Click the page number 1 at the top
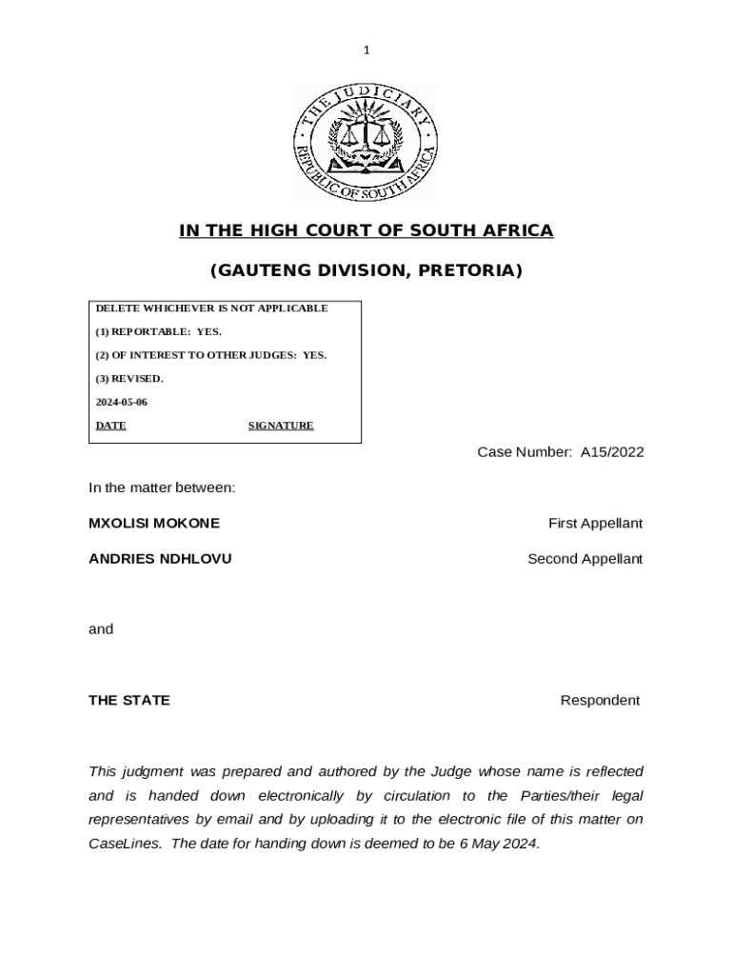pos(366,50)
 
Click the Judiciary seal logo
pos(366,142)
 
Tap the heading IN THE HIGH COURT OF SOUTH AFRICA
pos(366,231)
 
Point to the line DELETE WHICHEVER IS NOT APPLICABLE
pos(211,308)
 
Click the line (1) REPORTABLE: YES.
pos(158,331)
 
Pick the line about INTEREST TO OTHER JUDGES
pos(210,355)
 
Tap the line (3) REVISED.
pos(129,378)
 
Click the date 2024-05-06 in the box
pos(121,402)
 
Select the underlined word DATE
pos(110,426)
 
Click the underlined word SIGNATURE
pos(281,426)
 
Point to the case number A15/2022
pos(612,452)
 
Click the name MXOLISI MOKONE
pos(154,523)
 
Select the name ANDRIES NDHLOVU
pos(160,559)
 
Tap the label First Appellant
pos(595,523)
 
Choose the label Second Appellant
pos(584,559)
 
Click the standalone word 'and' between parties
pos(101,628)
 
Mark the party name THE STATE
pos(129,700)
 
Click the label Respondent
pos(600,700)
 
